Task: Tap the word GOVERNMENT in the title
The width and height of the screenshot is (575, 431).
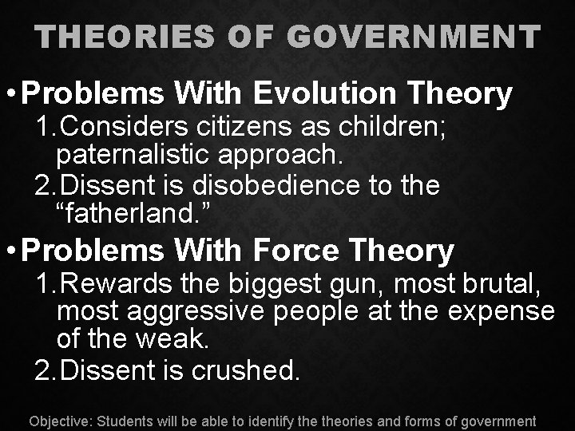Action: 414,36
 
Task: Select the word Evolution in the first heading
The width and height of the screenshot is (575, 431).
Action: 325,94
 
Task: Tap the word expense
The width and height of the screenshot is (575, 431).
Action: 501,312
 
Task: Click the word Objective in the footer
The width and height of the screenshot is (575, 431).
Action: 60,421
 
